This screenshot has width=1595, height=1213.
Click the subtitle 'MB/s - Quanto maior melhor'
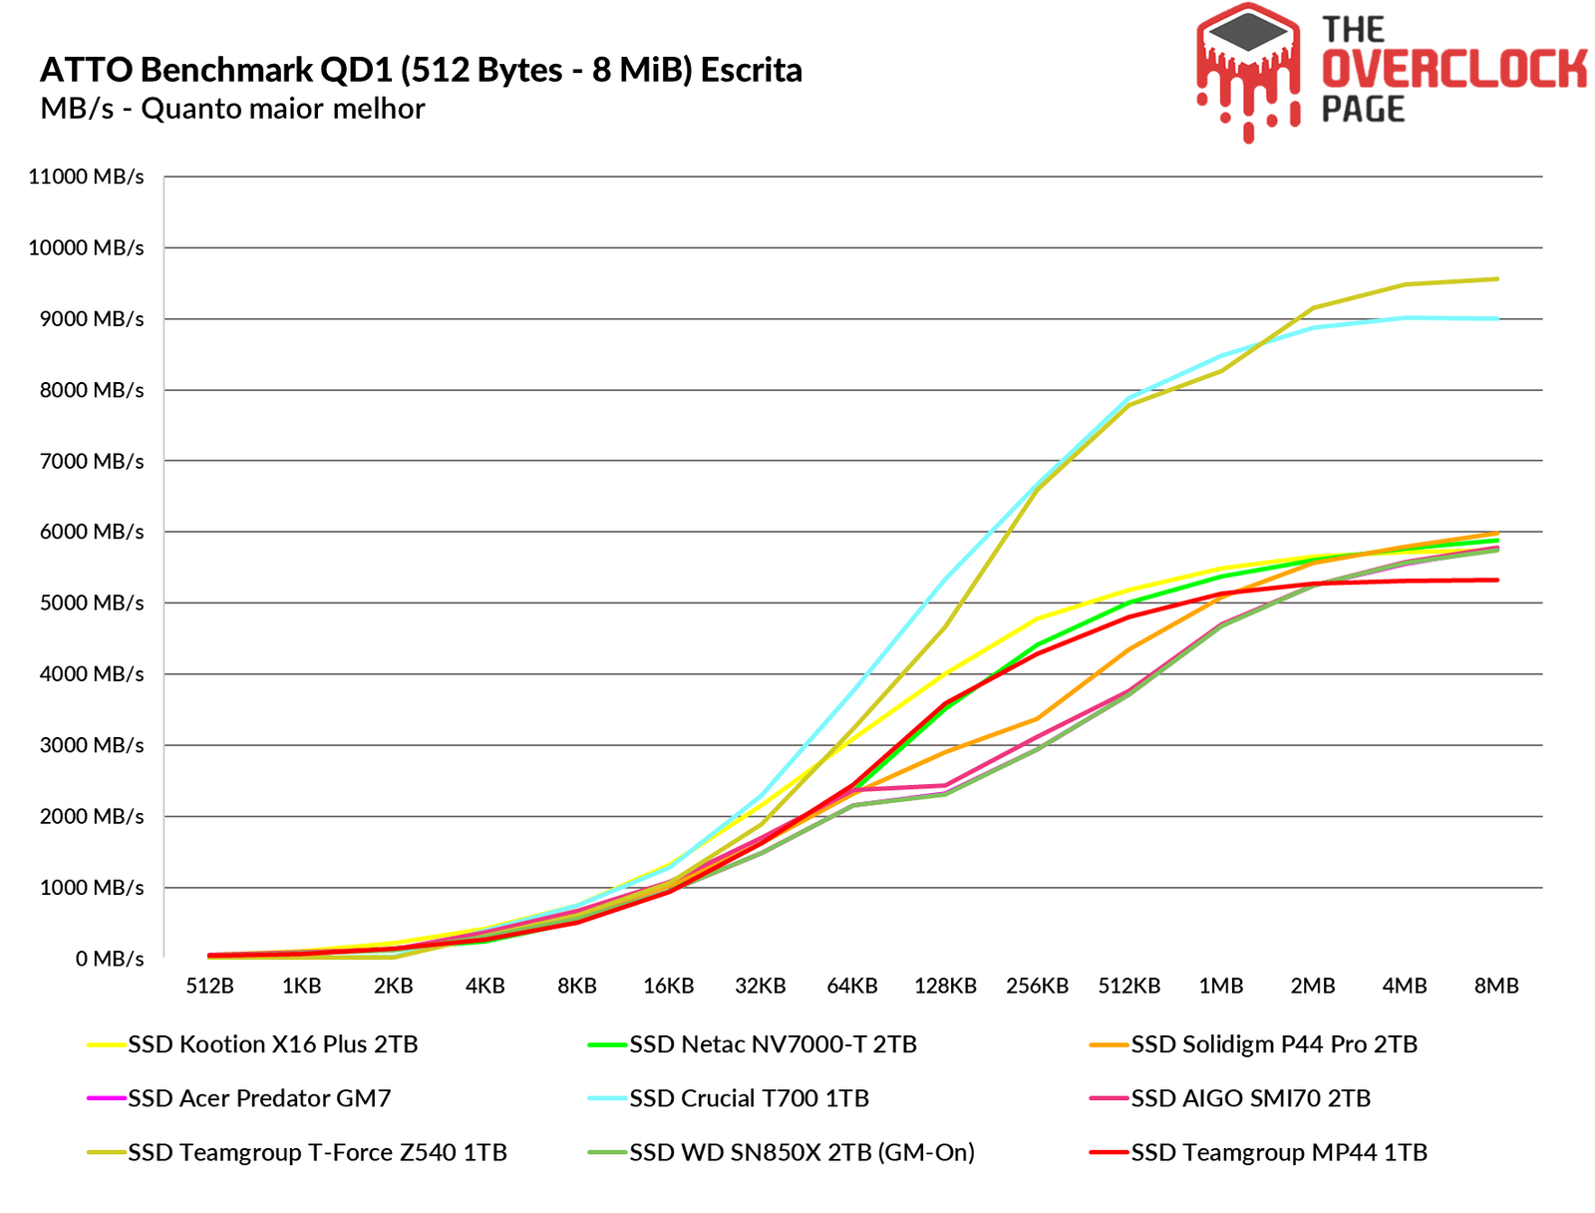pyautogui.click(x=232, y=108)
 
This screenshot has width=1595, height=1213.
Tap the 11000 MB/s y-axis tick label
pyautogui.click(x=86, y=177)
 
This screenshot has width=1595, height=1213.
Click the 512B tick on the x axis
pyautogui.click(x=209, y=986)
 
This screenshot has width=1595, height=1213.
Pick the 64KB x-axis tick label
pyautogui.click(x=852, y=986)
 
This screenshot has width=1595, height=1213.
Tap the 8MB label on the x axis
pyautogui.click(x=1496, y=986)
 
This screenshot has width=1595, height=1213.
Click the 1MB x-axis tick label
pyautogui.click(x=1220, y=986)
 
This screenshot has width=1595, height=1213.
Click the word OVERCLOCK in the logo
pyautogui.click(x=1452, y=70)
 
